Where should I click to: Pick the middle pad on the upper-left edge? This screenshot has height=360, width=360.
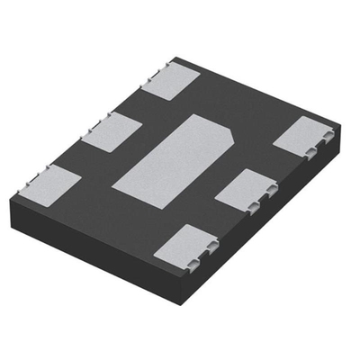[112, 132]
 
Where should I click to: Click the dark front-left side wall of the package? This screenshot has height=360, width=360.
[99, 242]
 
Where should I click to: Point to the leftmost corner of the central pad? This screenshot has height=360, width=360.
[112, 187]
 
